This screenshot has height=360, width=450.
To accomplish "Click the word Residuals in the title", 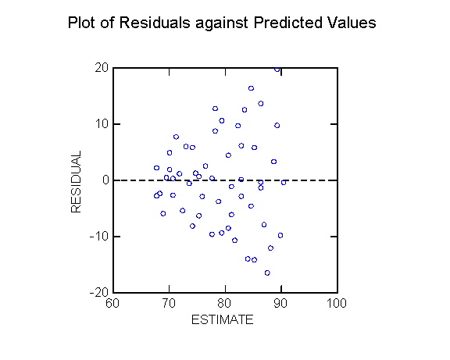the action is [155, 23].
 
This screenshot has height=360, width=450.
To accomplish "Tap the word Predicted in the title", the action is [287, 23].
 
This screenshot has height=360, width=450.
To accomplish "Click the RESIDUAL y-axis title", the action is [76, 182].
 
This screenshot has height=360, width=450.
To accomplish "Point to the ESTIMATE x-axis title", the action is [223, 319].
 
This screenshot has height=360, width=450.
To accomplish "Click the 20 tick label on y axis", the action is [102, 68].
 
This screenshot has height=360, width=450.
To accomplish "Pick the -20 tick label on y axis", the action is [99, 292].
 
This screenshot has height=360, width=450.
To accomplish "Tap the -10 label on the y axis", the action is [99, 237].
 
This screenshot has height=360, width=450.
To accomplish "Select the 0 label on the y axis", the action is [105, 180].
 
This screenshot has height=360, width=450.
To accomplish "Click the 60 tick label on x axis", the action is [112, 303].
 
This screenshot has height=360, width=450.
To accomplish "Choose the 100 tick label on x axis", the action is [337, 303].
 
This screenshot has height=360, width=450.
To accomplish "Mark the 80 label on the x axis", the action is [225, 303].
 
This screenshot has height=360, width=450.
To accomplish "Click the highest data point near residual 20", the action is [277, 69].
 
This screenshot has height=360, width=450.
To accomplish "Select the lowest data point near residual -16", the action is [267, 273].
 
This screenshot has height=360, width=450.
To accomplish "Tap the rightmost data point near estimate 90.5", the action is [284, 183].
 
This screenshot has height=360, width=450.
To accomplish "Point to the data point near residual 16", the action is [251, 88].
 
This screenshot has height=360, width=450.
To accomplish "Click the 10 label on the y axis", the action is [102, 124].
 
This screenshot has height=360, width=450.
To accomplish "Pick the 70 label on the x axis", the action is [169, 303].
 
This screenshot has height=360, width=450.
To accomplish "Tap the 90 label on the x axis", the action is [280, 303].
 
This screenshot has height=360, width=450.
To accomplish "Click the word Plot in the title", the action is [81, 23].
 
